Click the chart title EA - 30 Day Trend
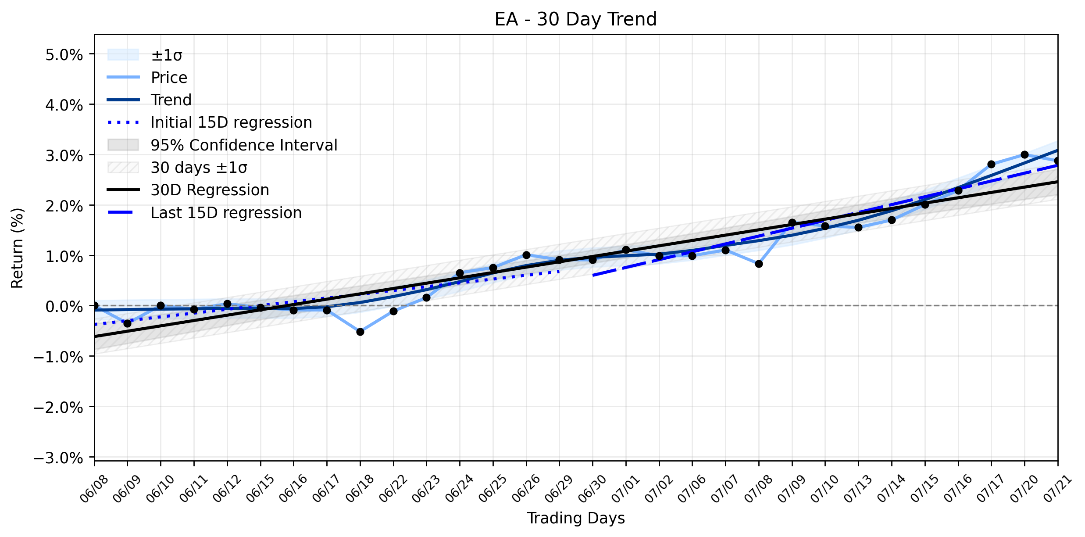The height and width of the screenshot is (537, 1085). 575,19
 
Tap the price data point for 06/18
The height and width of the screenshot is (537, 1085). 360,332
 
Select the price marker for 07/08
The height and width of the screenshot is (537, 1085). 759,264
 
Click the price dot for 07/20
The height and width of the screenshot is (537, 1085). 1024,154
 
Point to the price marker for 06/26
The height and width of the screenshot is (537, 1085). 526,255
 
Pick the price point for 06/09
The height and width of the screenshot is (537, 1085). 127,323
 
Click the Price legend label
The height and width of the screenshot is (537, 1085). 169,78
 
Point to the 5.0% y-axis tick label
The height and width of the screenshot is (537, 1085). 64,55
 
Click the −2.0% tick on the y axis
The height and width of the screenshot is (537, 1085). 58,408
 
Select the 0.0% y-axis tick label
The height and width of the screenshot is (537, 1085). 64,307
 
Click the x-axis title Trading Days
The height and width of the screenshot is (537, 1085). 576,518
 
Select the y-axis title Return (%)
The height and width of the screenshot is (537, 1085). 17,248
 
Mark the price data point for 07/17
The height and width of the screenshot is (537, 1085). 991,164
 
